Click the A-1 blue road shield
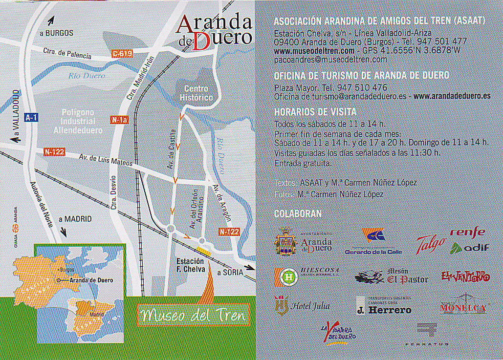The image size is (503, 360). [31, 117]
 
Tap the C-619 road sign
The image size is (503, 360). [122, 54]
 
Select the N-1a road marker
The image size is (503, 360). [119, 120]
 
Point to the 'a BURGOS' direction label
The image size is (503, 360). [56, 33]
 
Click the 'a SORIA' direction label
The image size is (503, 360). [230, 273]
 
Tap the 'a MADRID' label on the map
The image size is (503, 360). [74, 219]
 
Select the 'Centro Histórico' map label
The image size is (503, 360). [196, 93]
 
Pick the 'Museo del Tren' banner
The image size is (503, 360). [192, 316]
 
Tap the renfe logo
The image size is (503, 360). [467, 232]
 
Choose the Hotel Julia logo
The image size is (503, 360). [303, 306]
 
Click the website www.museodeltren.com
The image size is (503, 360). [314, 50]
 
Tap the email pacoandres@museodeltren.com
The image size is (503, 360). [330, 59]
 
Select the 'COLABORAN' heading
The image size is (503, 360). [298, 213]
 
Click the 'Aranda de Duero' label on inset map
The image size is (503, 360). [91, 280]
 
